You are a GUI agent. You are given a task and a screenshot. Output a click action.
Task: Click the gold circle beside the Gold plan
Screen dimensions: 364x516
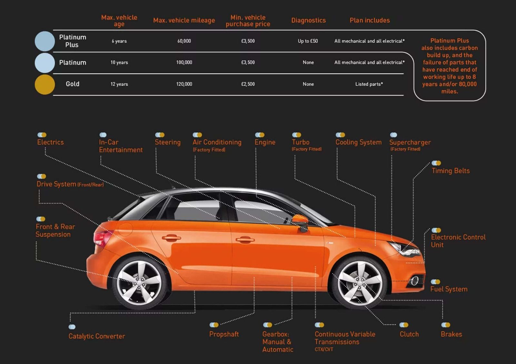click(x=45, y=84)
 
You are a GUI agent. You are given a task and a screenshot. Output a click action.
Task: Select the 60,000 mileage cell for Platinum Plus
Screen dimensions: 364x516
click(x=184, y=41)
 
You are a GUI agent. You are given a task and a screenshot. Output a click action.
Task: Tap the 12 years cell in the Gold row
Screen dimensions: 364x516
click(x=119, y=84)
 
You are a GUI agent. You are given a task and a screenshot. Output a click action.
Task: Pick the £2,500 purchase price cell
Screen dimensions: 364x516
click(x=248, y=84)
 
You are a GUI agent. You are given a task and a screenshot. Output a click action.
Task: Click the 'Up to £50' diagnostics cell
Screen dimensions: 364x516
click(x=308, y=41)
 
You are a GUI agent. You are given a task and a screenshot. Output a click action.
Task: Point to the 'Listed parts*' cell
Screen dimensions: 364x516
click(x=369, y=84)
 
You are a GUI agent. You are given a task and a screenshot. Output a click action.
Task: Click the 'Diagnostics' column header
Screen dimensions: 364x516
click(x=308, y=20)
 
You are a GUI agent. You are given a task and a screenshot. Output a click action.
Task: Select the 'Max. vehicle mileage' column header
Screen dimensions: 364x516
click(x=184, y=20)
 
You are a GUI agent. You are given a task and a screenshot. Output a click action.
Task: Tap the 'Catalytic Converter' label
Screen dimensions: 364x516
click(x=97, y=336)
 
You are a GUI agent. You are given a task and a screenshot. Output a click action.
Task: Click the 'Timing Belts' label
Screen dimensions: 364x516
click(x=451, y=171)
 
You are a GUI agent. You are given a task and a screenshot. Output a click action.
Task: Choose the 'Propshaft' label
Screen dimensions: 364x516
click(x=224, y=334)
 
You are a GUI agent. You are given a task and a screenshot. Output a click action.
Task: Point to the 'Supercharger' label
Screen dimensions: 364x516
click(x=410, y=142)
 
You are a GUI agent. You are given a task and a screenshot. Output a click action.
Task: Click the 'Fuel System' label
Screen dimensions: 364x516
click(x=449, y=289)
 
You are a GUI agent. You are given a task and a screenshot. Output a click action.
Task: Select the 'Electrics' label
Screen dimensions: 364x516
click(x=50, y=142)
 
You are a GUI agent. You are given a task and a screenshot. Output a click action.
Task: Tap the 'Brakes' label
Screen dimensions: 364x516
click(x=451, y=334)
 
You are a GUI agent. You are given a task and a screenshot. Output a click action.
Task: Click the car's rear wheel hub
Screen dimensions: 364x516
click(x=139, y=282)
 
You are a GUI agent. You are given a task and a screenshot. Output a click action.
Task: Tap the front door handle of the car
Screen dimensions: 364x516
click(x=245, y=239)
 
